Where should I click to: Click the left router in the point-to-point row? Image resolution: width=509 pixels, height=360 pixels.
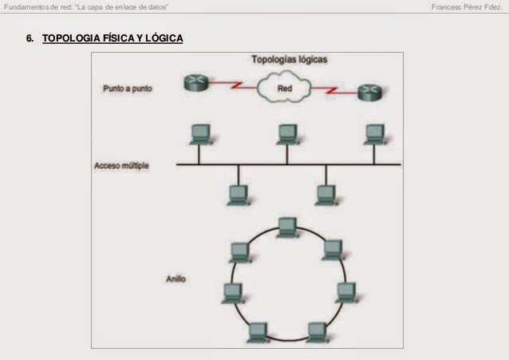tap(195, 81)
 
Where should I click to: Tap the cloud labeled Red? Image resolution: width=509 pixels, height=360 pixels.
tap(284, 89)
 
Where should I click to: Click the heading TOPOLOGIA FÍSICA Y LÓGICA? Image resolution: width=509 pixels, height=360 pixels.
tap(112, 38)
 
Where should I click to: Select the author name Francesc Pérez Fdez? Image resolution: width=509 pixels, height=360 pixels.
tap(467, 7)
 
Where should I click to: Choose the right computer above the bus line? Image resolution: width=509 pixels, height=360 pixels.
tap(373, 133)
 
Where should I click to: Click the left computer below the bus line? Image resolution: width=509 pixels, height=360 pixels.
tap(237, 194)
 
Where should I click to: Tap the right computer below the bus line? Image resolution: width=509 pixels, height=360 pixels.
tap(325, 194)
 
